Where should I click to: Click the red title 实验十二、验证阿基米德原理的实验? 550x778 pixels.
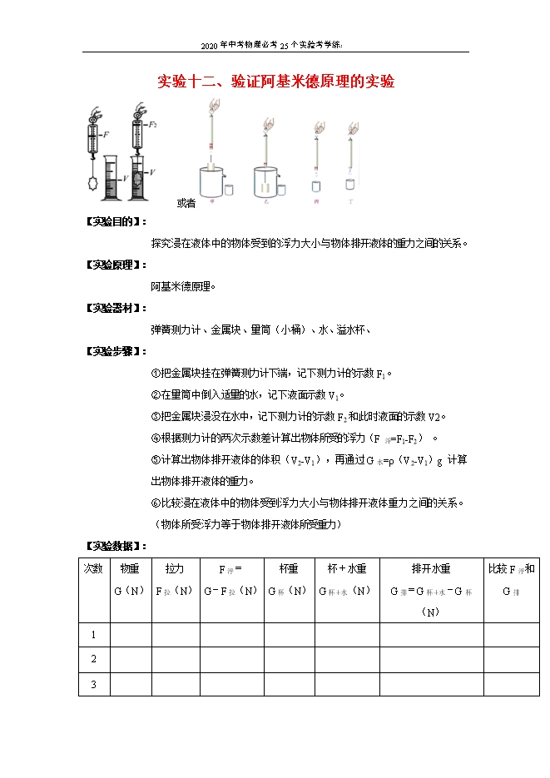tap(275, 82)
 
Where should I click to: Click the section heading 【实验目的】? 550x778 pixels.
tap(116, 222)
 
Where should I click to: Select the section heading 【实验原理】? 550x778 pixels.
tap(116, 265)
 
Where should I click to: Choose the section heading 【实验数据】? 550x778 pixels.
tap(116, 547)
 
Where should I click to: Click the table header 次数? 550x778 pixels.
tap(93, 569)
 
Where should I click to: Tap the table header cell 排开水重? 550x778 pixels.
tap(430, 569)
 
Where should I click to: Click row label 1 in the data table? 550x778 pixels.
tap(93, 635)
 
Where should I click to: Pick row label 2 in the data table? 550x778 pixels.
tap(93, 660)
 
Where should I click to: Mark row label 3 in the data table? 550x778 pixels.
tap(93, 685)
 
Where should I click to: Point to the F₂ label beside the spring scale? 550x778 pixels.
tap(153, 124)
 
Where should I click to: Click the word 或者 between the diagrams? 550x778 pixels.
tap(186, 203)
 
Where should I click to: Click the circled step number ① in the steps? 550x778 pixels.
tap(156, 373)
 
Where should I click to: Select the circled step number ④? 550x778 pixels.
tap(156, 438)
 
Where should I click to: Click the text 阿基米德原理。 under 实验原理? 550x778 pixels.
tap(183, 286)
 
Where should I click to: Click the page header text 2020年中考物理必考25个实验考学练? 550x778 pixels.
tap(275, 45)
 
